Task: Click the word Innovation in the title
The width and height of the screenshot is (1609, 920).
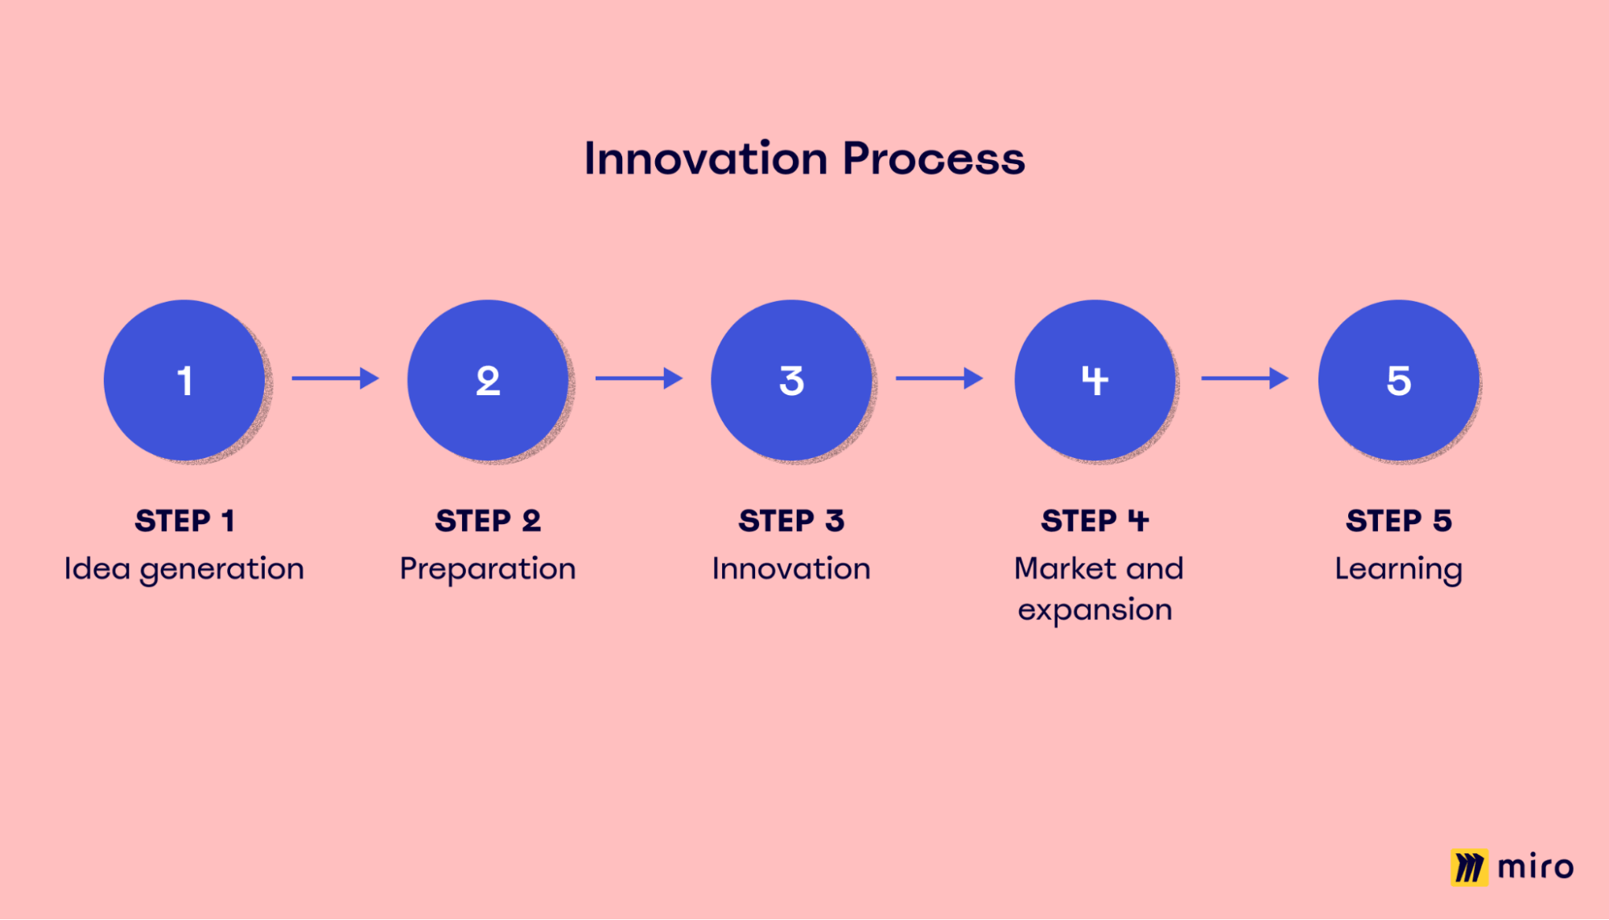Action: point(705,159)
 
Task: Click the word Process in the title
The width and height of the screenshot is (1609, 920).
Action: point(934,159)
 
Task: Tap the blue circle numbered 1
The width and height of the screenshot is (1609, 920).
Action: point(184,380)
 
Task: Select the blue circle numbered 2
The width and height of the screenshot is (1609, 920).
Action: point(488,380)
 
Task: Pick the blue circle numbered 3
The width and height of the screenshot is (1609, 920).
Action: point(791,380)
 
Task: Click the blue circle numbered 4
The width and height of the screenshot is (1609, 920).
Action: point(1095,380)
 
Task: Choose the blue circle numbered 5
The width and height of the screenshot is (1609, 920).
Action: point(1398,380)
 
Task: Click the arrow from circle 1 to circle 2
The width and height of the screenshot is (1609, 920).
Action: point(335,377)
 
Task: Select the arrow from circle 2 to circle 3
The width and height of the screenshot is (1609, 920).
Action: point(638,377)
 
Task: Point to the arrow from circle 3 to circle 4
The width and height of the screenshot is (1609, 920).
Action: point(939,377)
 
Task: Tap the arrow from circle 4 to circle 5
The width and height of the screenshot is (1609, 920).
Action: point(1244,377)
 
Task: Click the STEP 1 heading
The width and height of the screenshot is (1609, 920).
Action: point(184,521)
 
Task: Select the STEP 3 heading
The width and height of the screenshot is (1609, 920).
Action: point(791,521)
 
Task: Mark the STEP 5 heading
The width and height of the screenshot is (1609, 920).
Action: point(1398,521)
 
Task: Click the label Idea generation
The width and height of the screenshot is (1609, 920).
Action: point(184,569)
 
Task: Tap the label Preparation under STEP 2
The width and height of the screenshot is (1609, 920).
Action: point(488,569)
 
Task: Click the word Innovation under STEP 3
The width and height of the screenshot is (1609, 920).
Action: point(791,569)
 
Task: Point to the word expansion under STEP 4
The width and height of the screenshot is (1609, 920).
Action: point(1095,610)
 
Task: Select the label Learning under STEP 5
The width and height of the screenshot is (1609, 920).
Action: point(1398,569)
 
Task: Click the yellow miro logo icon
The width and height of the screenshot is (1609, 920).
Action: point(1469,867)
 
